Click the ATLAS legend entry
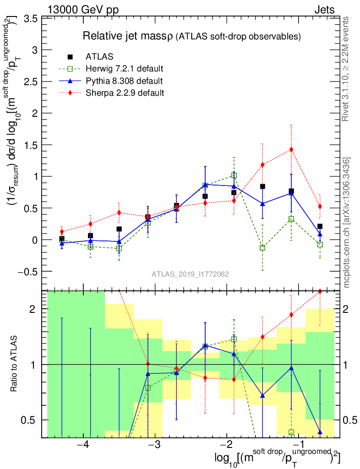tap(99, 57)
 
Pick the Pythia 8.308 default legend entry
tap(124, 81)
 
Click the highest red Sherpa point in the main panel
tap(291, 149)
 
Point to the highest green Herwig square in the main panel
tap(234, 175)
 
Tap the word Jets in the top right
tap(324, 10)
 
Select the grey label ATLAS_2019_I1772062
tap(190, 274)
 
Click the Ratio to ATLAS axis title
tap(15, 364)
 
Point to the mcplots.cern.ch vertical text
tap(347, 222)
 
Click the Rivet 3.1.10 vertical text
tap(347, 69)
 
